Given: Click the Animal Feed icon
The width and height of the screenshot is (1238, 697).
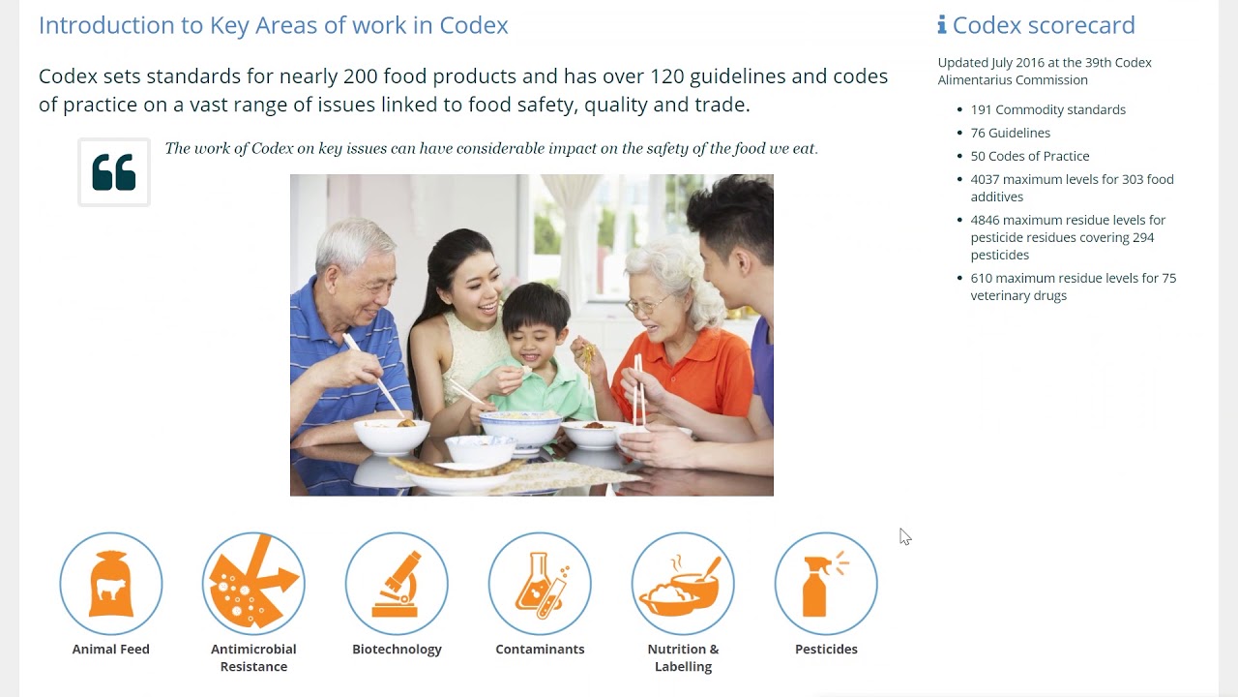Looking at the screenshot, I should click(110, 584).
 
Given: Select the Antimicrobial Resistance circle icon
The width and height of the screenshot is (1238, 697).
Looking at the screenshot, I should click(253, 584).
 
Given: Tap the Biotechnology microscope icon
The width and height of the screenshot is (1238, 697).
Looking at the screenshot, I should click(397, 584).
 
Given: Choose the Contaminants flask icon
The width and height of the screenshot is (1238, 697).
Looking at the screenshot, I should click(540, 584).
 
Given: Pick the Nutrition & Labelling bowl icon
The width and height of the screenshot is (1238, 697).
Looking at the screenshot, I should click(683, 584).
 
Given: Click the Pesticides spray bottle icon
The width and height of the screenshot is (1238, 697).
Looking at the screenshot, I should click(826, 584).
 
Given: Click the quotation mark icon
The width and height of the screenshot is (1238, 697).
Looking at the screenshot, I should click(114, 172).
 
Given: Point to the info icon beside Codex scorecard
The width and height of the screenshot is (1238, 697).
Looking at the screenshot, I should click(942, 25).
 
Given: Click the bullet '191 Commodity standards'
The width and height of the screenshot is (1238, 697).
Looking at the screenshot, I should click(1047, 109).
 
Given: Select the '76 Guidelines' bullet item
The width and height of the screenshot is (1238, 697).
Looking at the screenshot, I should click(1010, 133).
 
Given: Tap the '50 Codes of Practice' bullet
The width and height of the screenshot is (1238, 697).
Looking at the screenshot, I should click(1029, 156).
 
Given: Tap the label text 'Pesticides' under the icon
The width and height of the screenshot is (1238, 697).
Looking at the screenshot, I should click(826, 650).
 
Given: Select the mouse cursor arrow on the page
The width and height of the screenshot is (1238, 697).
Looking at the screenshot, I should click(904, 536).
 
